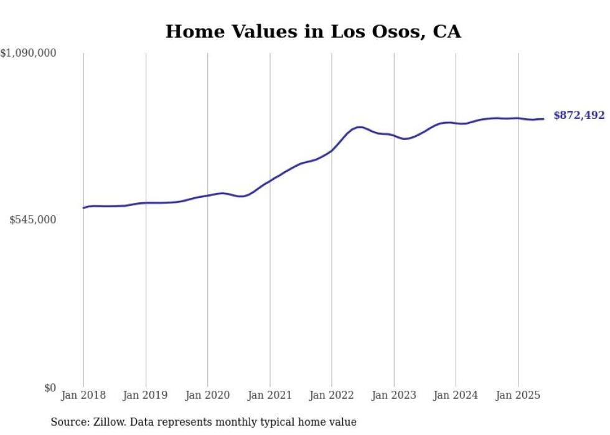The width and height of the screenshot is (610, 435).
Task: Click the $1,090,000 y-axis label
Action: [28, 54]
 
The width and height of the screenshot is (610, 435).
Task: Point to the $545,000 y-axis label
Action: [32, 220]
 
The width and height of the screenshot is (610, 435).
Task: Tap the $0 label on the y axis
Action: [50, 388]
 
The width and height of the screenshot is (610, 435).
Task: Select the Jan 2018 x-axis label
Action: [83, 395]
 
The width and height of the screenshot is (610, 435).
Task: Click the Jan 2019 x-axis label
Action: [146, 395]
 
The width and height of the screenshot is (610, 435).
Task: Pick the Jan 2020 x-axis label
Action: [208, 395]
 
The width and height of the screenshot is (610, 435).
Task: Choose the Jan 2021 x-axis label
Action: [270, 395]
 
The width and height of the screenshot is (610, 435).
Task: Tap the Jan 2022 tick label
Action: [332, 395]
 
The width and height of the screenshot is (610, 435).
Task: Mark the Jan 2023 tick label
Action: [394, 395]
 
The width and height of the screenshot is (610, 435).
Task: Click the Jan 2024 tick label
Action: [456, 395]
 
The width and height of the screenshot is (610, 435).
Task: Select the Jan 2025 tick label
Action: [518, 395]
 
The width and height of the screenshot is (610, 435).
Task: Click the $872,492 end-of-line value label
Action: [579, 116]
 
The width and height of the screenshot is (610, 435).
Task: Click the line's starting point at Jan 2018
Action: [83, 208]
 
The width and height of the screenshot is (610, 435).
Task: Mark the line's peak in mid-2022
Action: [360, 127]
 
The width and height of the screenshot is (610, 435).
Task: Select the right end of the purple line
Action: [543, 119]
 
